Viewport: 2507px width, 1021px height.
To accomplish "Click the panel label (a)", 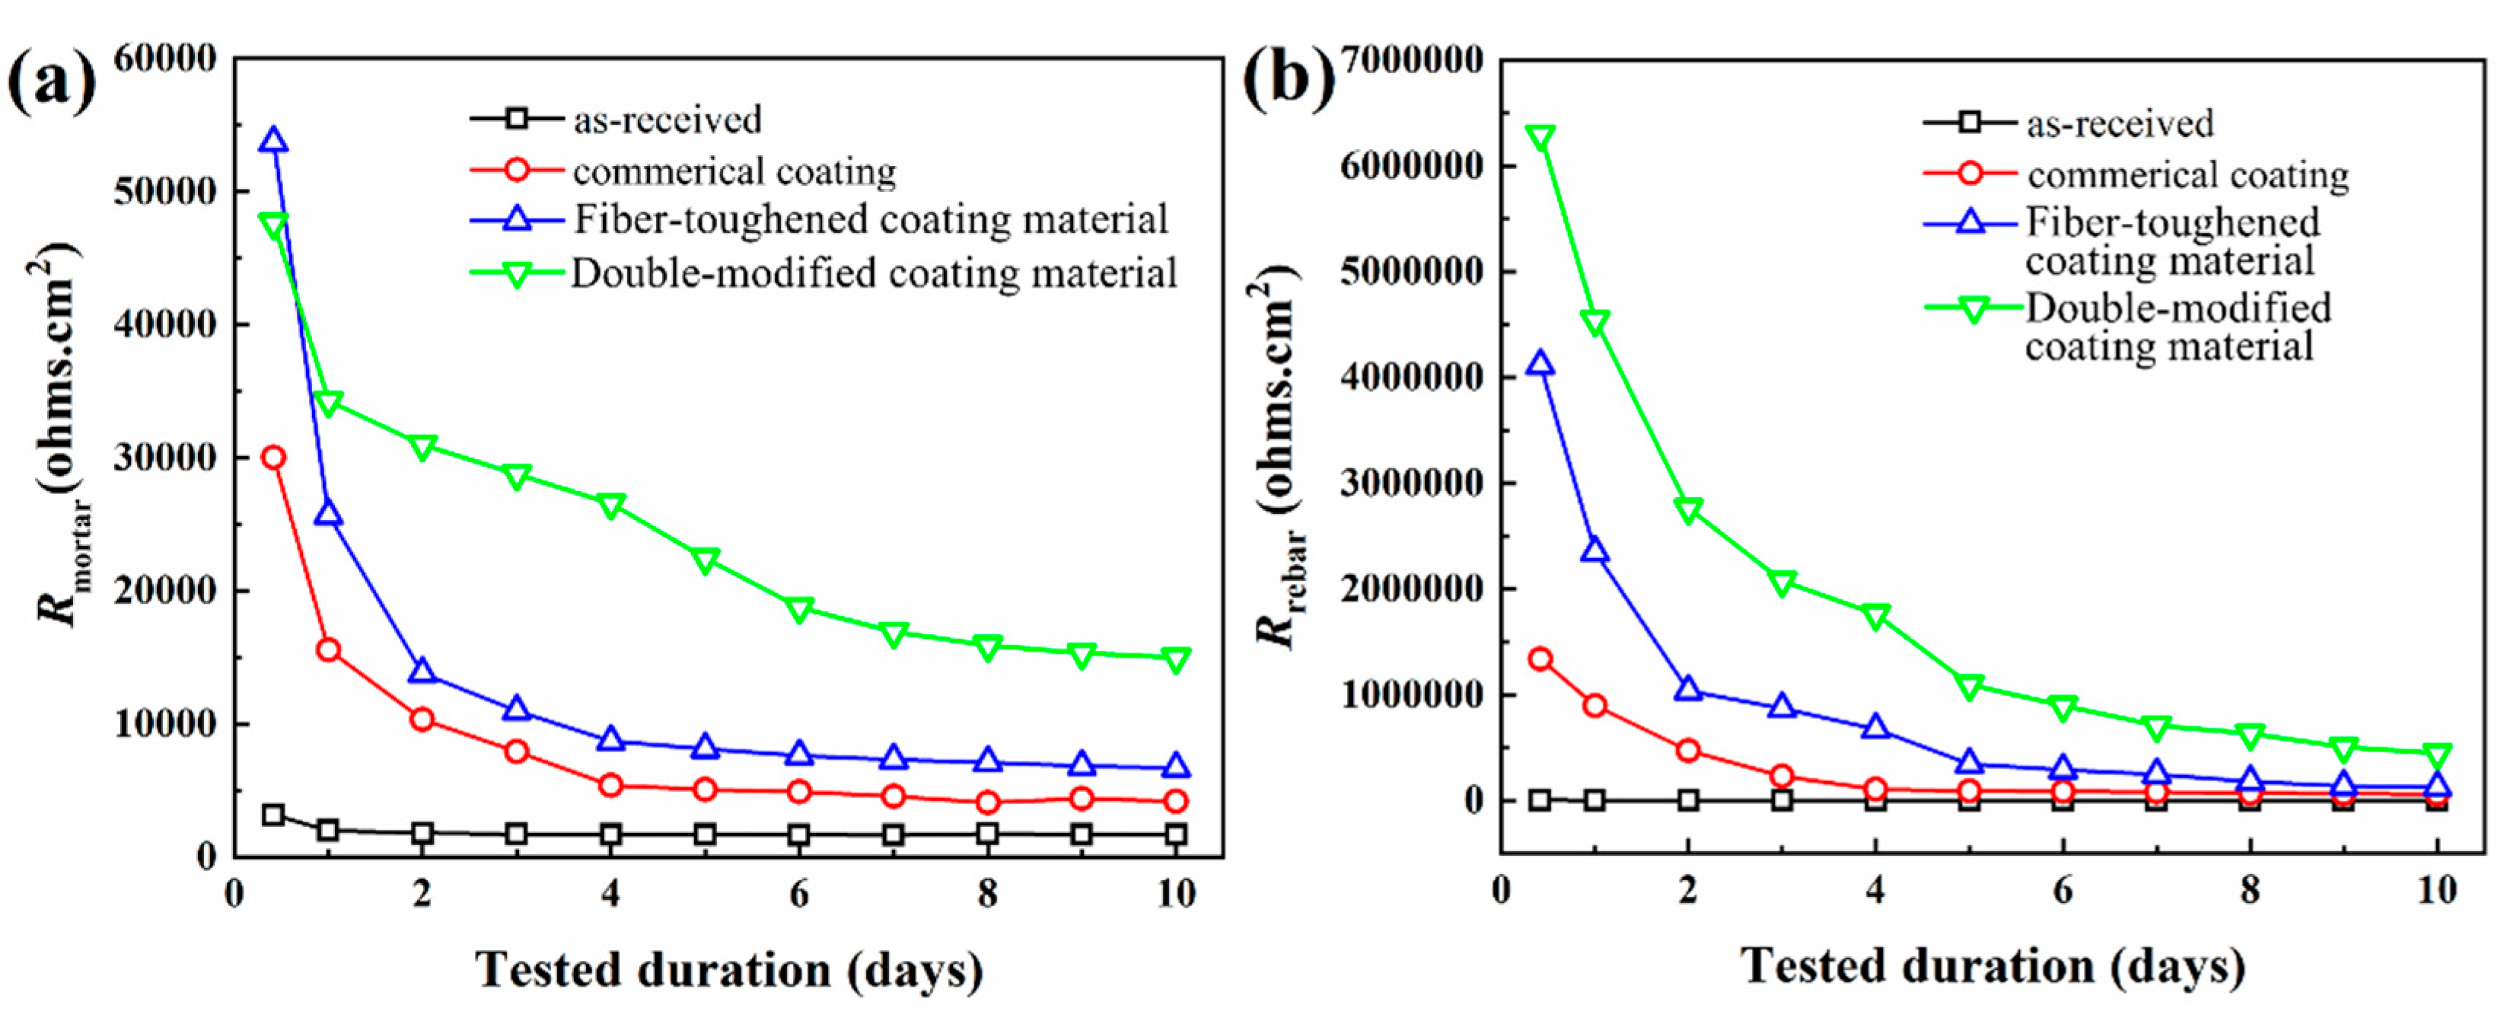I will (53, 84).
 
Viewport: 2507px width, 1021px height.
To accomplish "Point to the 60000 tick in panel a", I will (165, 59).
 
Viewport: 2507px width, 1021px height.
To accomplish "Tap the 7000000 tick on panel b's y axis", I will (1411, 59).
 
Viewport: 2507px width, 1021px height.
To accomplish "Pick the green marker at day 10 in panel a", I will (1176, 660).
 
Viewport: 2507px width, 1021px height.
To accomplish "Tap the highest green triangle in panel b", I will (1540, 137).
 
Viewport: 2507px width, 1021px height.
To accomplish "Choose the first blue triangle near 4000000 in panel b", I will (1540, 365).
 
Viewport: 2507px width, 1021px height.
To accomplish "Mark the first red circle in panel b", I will (1540, 659).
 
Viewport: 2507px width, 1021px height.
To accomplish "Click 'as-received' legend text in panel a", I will (667, 120).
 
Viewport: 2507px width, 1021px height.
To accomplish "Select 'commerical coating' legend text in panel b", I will (2188, 175).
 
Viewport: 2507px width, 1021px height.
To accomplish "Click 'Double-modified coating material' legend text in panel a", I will (873, 273).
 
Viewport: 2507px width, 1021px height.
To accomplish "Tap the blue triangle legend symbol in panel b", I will (1970, 222).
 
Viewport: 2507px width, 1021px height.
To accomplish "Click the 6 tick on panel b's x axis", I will (2063, 891).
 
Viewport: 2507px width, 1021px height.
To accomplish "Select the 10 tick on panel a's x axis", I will (1176, 894).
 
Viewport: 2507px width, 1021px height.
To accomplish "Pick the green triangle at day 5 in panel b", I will (1969, 688).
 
